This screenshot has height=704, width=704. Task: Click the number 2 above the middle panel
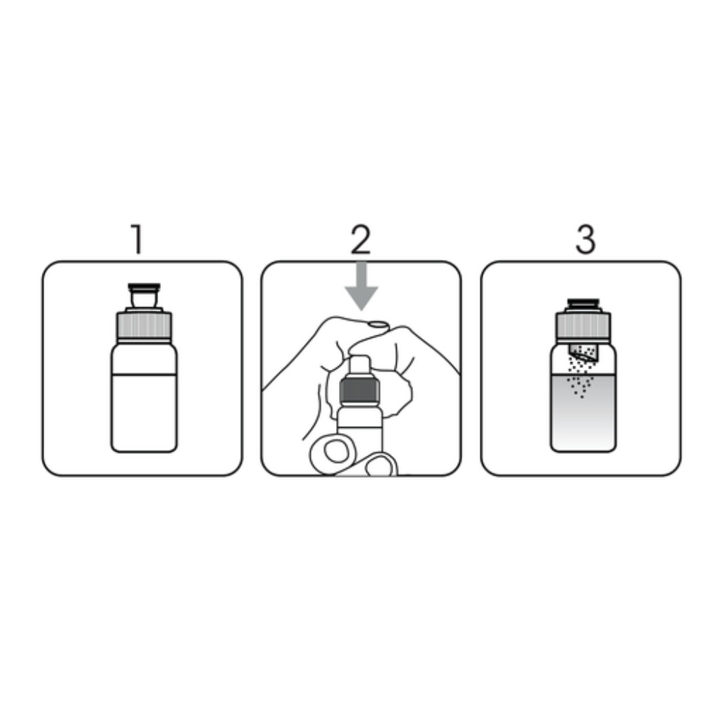360,240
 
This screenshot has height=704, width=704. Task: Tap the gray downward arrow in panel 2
362,289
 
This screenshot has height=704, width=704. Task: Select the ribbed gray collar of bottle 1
144,326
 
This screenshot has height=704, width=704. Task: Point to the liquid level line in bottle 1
144,375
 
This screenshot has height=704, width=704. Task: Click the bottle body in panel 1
144,412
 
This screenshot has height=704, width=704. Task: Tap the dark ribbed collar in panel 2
360,391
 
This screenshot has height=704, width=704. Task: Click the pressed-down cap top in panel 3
583,304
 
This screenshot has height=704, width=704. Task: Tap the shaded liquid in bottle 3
583,419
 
